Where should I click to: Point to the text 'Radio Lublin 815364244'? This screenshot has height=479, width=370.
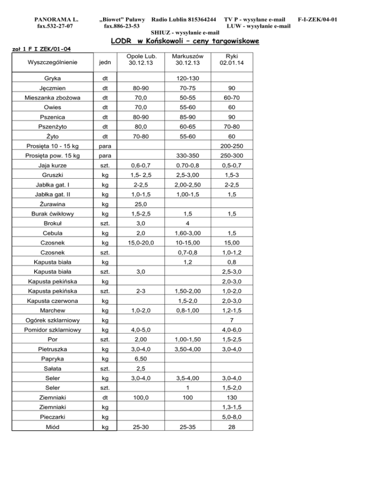184,20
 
